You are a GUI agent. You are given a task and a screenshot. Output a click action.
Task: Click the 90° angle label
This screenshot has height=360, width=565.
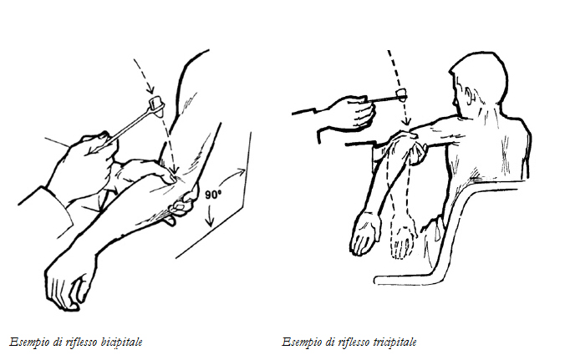tap(213, 195)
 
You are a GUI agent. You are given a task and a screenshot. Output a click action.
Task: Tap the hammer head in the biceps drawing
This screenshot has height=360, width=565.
tap(157, 105)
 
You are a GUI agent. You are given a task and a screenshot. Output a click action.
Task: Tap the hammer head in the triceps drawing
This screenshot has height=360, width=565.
tap(401, 95)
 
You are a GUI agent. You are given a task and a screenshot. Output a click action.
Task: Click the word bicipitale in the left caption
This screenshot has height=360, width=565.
tap(121, 342)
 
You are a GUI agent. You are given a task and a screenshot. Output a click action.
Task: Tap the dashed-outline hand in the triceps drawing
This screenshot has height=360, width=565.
tap(403, 242)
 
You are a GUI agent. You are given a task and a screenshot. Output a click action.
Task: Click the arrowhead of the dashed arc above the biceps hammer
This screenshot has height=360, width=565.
tap(150, 89)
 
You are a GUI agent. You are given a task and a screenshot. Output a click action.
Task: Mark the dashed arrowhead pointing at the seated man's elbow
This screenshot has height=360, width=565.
tap(406, 121)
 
